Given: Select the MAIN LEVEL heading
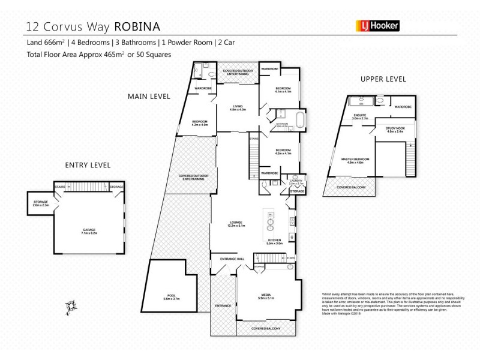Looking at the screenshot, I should coord(148,96).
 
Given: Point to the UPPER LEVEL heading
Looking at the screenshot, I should coord(383,79).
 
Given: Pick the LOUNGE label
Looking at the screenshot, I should coord(233,223).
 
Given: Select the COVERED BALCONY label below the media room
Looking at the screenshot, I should coord(266,329).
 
